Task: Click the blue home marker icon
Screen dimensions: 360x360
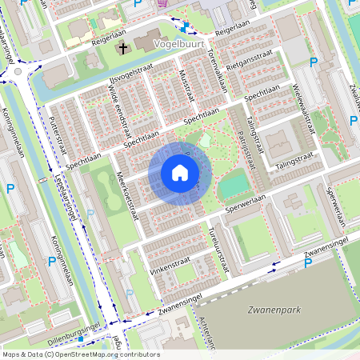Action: point(180,173)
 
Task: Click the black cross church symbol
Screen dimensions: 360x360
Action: point(123,49)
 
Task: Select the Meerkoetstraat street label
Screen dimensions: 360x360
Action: point(127,197)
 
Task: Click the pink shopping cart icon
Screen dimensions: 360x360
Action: point(164,3)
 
